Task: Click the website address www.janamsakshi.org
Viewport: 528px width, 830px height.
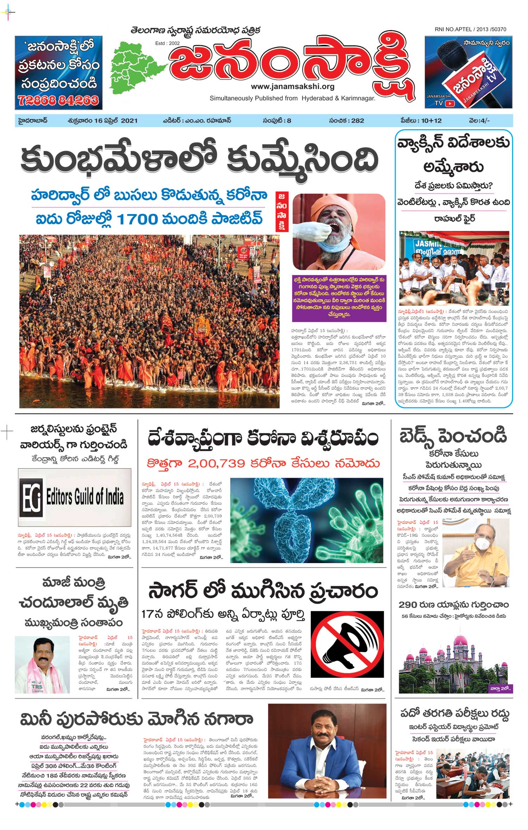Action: [293, 86]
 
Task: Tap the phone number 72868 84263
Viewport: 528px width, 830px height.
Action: [58, 101]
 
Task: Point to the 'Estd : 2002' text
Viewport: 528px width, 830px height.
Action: [168, 43]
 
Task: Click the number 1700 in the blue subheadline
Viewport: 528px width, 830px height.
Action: [137, 219]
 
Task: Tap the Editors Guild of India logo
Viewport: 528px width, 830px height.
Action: [75, 497]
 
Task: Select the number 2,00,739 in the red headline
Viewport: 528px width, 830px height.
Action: [216, 463]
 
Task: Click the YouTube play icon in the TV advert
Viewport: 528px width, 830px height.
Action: [450, 103]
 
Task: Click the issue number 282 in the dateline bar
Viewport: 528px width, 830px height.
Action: [357, 120]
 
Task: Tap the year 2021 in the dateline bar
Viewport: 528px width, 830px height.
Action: [129, 120]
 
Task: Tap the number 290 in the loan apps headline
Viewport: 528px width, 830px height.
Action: [408, 605]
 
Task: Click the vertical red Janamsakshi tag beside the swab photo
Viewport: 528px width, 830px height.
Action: [282, 212]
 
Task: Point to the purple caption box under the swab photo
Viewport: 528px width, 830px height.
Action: [339, 297]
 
